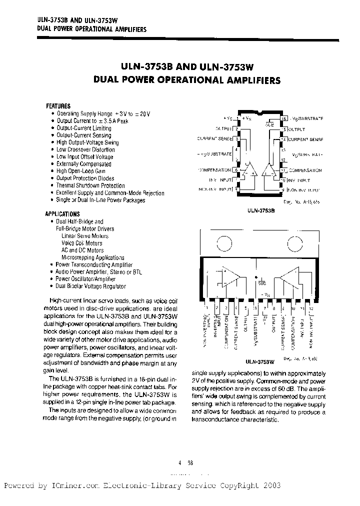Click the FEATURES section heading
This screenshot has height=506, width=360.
pyautogui.click(x=58, y=106)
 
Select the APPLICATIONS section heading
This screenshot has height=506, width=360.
pyautogui.click(x=62, y=214)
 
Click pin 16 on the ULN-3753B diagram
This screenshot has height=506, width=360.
pyautogui.click(x=283, y=118)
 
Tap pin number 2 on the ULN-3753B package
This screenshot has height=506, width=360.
pyautogui.click(x=236, y=128)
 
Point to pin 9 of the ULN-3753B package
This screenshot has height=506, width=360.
pyautogui.click(x=283, y=189)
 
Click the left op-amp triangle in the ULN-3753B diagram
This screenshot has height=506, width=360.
pyautogui.click(x=248, y=172)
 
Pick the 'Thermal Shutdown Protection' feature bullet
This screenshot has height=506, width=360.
pyautogui.click(x=90, y=185)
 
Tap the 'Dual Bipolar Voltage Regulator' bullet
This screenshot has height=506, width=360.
pyautogui.click(x=90, y=286)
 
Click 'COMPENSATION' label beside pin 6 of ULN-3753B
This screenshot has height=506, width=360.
pyautogui.click(x=214, y=169)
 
